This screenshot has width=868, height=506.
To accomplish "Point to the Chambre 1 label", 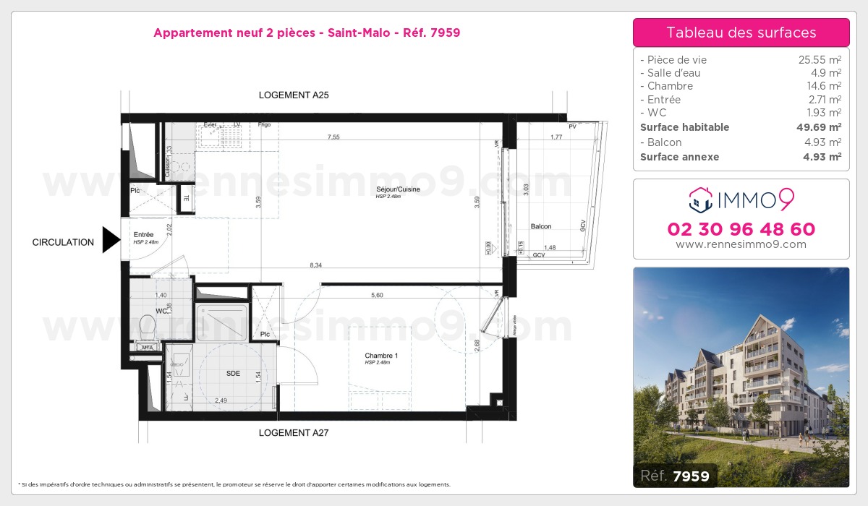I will pos(381,356).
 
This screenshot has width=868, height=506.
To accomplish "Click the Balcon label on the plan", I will pos(541,226).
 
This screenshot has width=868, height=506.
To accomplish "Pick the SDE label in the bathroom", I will pos(233,373).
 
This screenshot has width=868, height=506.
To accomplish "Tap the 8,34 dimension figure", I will pos(315,265).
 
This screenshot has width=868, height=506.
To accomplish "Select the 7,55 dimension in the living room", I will pos(333,137).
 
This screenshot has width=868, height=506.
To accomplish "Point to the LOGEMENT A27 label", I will pos(294,433).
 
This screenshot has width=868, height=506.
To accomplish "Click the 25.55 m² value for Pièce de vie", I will pos(819,60).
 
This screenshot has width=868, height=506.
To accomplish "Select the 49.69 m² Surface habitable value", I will pos(815,127).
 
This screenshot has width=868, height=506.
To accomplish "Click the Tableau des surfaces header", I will pos(741,33).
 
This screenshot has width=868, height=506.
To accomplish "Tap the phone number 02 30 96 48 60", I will pos(741,229).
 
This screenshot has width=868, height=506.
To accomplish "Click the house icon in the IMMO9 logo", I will pos(700,200).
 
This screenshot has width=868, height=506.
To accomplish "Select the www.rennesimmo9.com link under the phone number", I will pos(741,244).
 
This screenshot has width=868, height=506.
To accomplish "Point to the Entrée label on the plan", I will pos(143,234).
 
